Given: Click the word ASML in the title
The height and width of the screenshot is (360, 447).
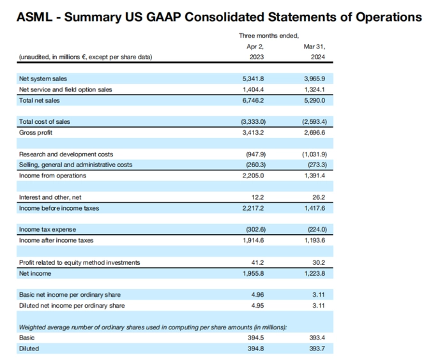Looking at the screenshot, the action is tap(34, 17).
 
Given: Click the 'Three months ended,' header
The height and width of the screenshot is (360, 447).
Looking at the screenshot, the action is tap(269, 36).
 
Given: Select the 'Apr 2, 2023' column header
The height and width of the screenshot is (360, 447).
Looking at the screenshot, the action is tap(255, 52).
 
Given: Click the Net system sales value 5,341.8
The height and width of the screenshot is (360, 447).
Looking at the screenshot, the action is tap(253, 79).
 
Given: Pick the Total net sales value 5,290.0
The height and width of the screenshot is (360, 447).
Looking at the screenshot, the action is tap(314, 101).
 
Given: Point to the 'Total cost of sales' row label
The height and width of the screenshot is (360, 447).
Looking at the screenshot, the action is tap(45, 122).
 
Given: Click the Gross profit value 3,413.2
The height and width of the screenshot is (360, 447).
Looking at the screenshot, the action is tap(253, 133).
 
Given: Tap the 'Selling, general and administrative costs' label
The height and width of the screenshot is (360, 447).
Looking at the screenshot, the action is tap(75, 165).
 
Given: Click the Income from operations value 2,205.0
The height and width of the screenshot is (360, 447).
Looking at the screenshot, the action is tap(253, 176).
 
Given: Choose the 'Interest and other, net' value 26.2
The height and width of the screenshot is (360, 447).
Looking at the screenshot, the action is tap(319, 197).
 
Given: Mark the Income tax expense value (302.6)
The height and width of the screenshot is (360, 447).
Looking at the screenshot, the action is tap(255, 229).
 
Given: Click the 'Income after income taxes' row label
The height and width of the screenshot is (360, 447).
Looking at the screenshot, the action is tap(56, 240).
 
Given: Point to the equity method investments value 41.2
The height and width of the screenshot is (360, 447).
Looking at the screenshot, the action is tap(257, 262).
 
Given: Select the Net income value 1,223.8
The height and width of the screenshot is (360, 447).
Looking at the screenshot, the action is tap(314, 273).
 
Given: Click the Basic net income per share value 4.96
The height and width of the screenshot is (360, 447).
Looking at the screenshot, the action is tap(258, 295).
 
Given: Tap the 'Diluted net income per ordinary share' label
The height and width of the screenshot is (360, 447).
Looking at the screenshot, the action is tap(72, 306).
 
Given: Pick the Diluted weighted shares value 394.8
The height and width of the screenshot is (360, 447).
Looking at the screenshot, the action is tap(255, 349).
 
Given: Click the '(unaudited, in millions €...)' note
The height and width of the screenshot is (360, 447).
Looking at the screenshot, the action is tap(86, 57).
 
